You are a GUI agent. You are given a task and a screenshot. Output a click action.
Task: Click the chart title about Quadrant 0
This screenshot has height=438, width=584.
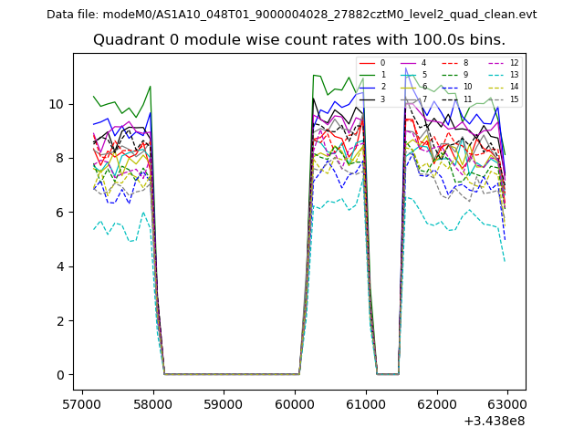(x=299, y=40)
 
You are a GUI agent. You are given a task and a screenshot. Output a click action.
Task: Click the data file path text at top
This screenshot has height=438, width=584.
(x=292, y=15)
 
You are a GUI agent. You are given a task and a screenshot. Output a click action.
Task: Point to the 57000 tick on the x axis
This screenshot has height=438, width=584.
(x=82, y=402)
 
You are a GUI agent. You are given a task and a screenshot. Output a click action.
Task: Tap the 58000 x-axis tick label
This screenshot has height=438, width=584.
(x=152, y=402)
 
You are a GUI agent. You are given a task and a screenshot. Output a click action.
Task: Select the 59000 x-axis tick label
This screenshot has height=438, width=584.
(x=224, y=402)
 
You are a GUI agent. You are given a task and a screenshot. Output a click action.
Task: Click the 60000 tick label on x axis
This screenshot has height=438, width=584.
(x=295, y=402)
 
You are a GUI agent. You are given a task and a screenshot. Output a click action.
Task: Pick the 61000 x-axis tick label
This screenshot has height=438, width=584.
(x=365, y=402)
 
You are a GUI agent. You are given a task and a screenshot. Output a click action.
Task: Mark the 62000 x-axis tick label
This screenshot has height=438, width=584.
(x=436, y=402)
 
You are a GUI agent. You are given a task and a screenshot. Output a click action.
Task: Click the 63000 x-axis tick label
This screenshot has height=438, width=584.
(x=506, y=402)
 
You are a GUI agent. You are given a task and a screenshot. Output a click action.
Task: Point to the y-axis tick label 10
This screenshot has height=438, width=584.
(x=57, y=104)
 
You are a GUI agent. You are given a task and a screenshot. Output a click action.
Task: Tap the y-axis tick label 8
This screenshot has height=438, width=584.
(x=60, y=158)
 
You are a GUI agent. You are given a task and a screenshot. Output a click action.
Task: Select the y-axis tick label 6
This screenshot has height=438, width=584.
(x=60, y=212)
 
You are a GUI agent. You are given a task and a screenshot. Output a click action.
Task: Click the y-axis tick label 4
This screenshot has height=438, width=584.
(x=60, y=266)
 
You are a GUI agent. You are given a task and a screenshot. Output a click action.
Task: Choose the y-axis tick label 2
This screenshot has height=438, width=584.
(x=60, y=320)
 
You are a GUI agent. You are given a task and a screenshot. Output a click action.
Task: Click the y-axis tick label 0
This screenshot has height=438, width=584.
(x=60, y=375)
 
